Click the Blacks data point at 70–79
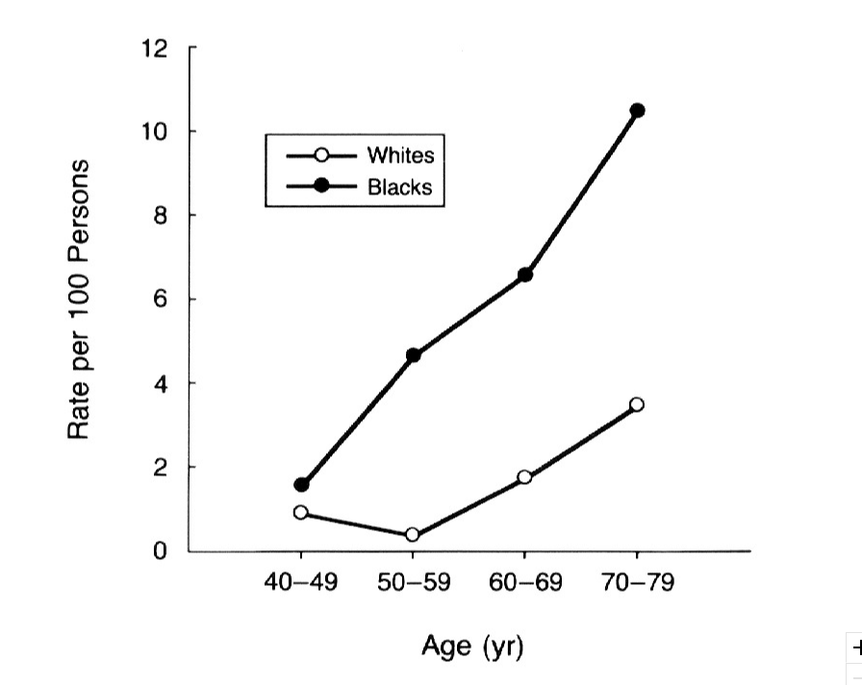point(637,111)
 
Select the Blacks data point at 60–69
point(525,275)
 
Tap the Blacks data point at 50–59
point(414,355)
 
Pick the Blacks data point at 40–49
point(302,484)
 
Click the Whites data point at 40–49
point(301,513)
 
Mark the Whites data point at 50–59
point(413,535)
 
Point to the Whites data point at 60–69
point(524,477)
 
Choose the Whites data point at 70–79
point(637,405)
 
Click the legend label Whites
point(400,156)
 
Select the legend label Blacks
point(400,188)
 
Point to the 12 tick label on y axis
point(153,47)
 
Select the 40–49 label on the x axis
point(301,584)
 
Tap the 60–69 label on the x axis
point(524,584)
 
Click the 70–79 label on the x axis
point(636,584)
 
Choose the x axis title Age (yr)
point(471,646)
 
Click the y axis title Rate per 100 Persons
point(80,298)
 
